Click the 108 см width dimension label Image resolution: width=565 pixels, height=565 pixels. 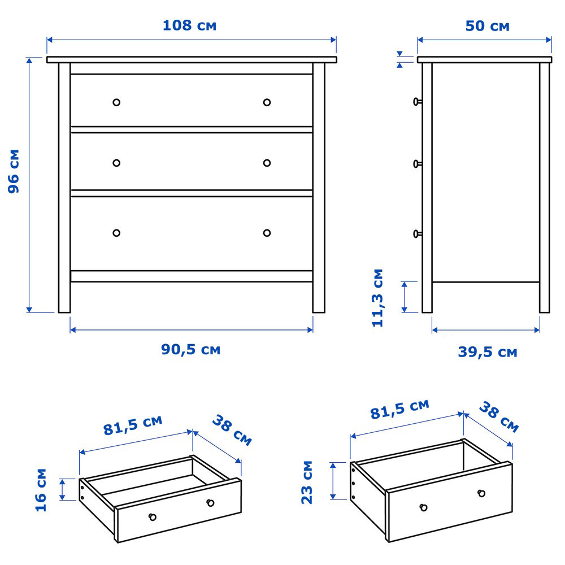[189, 25]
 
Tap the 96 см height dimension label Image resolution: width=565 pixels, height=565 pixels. [14, 171]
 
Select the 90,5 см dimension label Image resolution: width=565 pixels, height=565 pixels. [190, 349]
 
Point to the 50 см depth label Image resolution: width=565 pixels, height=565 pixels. [487, 26]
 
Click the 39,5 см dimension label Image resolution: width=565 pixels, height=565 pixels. [488, 351]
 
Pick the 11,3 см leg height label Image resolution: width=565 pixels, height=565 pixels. [377, 298]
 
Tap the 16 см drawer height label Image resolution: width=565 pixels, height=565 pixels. [41, 490]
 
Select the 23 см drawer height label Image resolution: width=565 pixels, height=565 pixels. [307, 482]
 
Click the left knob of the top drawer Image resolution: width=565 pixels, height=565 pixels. [116, 102]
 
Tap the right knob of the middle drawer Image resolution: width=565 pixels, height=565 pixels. [267, 163]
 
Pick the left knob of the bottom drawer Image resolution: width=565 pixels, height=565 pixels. [116, 233]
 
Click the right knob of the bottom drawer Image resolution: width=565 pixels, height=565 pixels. [267, 233]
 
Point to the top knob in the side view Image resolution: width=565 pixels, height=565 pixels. [418, 102]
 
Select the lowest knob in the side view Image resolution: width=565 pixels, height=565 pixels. [418, 234]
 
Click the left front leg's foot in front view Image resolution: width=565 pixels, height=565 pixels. [64, 309]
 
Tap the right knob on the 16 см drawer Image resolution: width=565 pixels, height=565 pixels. [210, 503]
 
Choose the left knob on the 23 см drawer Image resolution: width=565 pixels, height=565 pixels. [424, 508]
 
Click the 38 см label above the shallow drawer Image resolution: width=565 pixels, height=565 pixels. [232, 430]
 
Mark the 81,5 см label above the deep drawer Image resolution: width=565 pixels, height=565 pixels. [400, 409]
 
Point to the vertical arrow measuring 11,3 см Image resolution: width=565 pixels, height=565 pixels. [405, 297]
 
